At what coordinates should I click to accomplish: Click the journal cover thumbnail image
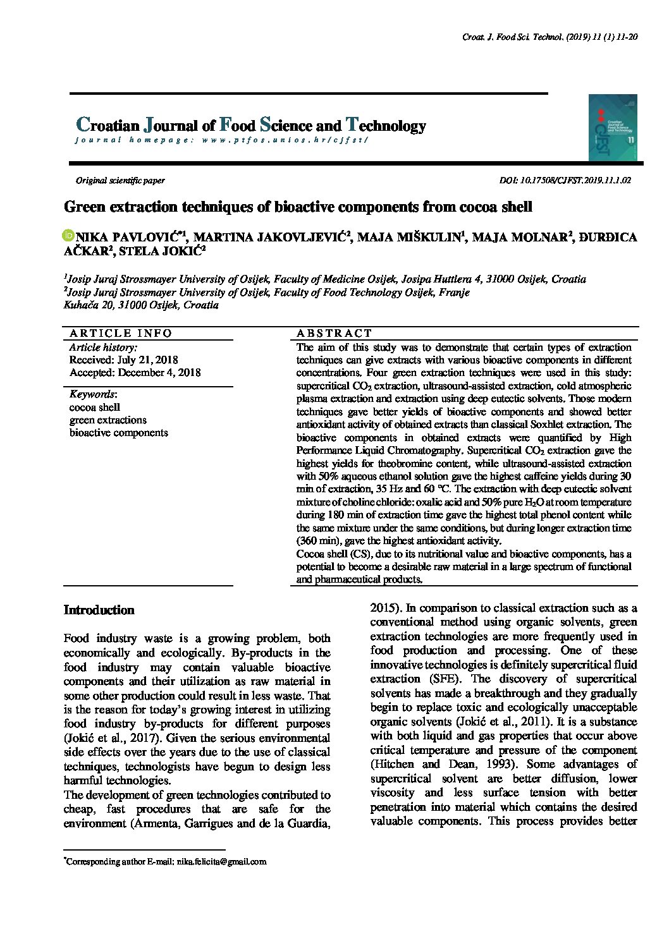612,128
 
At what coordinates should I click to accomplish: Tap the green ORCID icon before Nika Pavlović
68,235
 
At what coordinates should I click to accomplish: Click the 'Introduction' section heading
99,610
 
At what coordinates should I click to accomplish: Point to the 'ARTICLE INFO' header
121,333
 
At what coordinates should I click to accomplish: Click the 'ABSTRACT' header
334,333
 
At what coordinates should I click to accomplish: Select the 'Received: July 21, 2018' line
115,360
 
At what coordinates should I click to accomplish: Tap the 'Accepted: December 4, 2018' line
135,373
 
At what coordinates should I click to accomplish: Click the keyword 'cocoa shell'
94,407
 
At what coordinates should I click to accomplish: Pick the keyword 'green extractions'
107,420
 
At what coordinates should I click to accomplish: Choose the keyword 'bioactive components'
118,433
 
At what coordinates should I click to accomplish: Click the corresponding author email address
221,861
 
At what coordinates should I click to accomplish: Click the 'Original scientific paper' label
120,180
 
